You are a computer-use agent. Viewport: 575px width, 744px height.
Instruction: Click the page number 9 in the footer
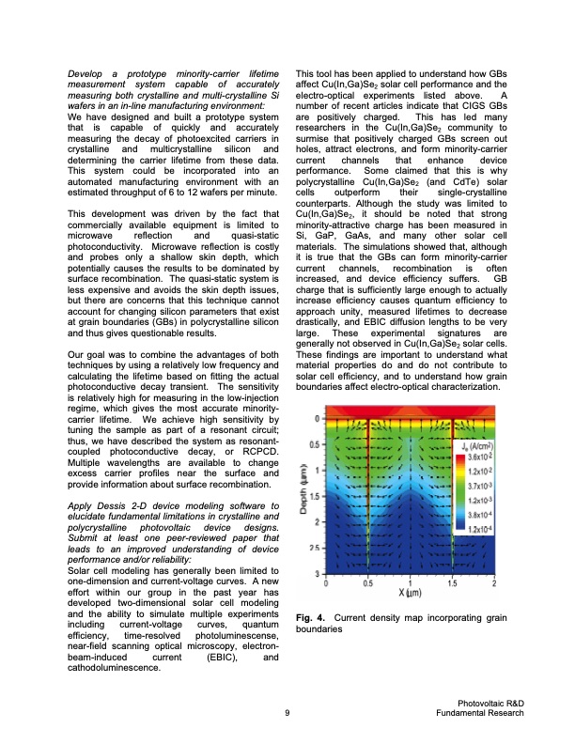point(287,714)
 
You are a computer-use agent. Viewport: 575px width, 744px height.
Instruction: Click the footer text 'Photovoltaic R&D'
point(481,705)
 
